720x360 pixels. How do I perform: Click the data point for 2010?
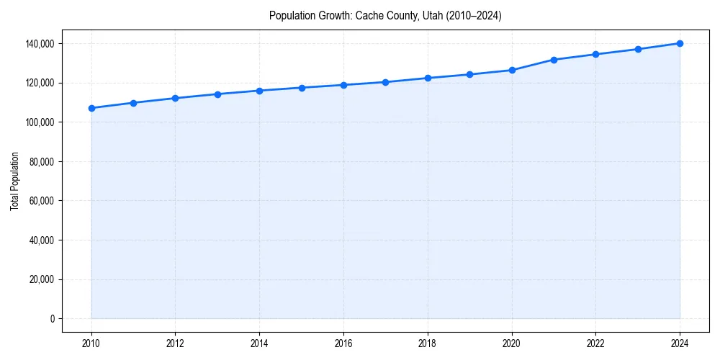(x=91, y=108)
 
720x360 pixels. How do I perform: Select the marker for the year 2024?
(x=680, y=43)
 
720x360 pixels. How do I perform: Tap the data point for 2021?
(x=554, y=60)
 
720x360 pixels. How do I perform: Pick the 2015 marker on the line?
(x=302, y=88)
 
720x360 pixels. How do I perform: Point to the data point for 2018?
(x=428, y=78)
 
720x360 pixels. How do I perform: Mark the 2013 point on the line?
(x=217, y=94)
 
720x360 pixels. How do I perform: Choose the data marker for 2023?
(x=638, y=49)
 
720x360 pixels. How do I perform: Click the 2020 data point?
(x=512, y=70)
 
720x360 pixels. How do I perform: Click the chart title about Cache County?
(x=385, y=15)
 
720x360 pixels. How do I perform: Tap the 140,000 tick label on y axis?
(x=40, y=44)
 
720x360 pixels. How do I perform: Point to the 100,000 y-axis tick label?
(x=40, y=122)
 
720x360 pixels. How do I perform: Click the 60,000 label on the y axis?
(x=42, y=201)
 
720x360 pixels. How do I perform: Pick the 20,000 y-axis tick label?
(x=42, y=279)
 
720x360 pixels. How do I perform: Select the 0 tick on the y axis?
(x=52, y=319)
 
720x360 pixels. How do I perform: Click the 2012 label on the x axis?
(x=176, y=343)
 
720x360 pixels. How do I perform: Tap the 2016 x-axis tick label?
(x=343, y=343)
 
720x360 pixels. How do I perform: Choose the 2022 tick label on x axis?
(x=595, y=343)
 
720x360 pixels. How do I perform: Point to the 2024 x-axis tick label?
(x=680, y=343)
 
